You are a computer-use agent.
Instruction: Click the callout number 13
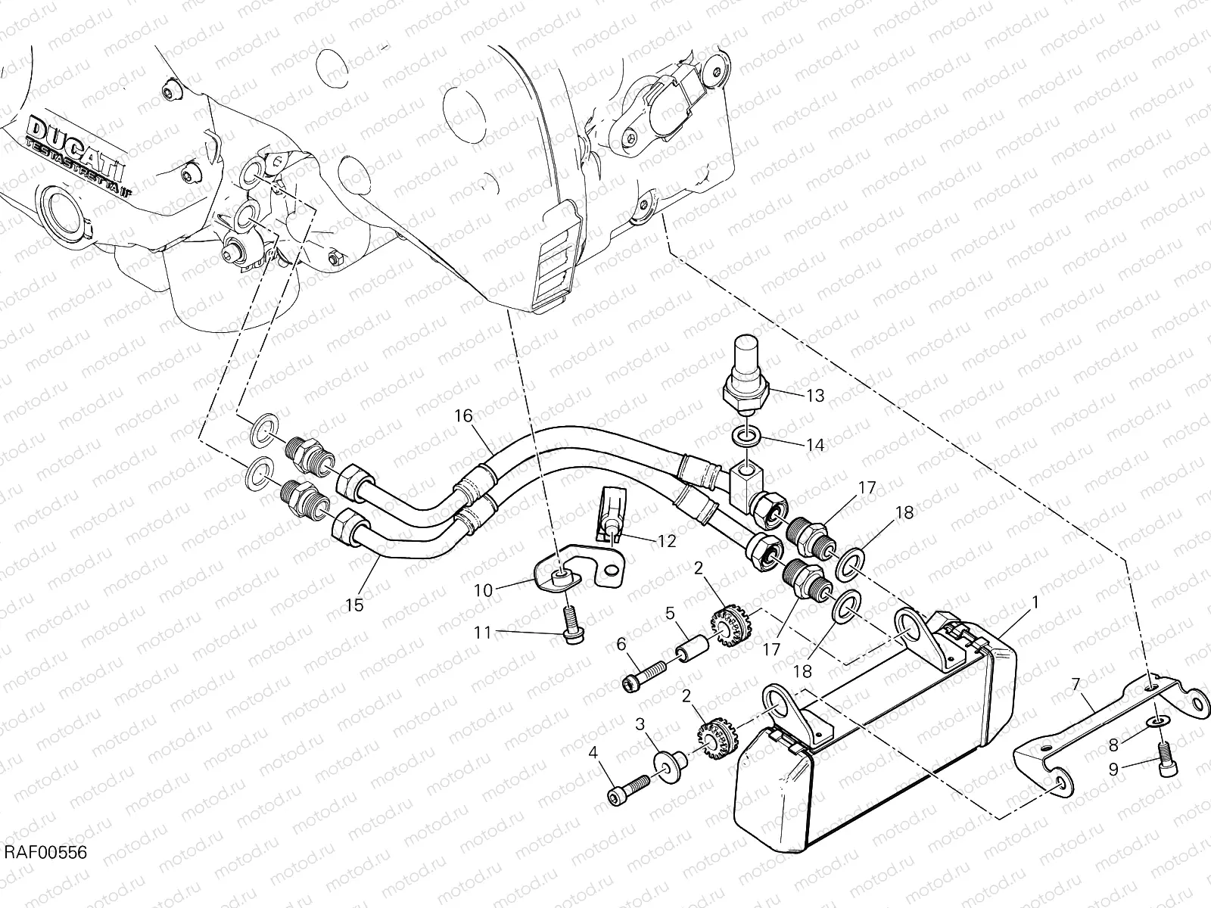(x=814, y=395)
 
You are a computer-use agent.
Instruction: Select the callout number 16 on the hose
(x=463, y=415)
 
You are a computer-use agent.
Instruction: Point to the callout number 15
(x=354, y=605)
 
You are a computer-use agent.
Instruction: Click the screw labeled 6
(x=644, y=674)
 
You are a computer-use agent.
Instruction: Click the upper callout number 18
(x=904, y=513)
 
